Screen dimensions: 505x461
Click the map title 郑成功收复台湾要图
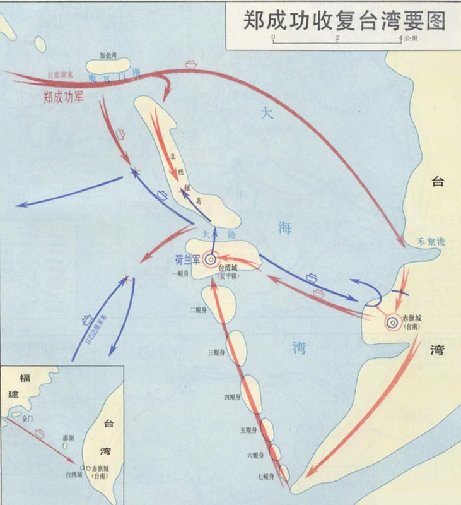(x=344, y=21)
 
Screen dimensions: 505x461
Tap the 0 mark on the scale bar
(x=273, y=38)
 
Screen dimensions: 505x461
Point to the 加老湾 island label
(x=108, y=56)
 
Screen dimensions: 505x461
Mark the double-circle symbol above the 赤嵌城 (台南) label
(x=392, y=322)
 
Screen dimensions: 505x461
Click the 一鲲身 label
(x=180, y=273)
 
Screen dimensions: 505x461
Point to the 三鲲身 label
(x=215, y=351)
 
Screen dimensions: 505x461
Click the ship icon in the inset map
(x=40, y=433)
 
